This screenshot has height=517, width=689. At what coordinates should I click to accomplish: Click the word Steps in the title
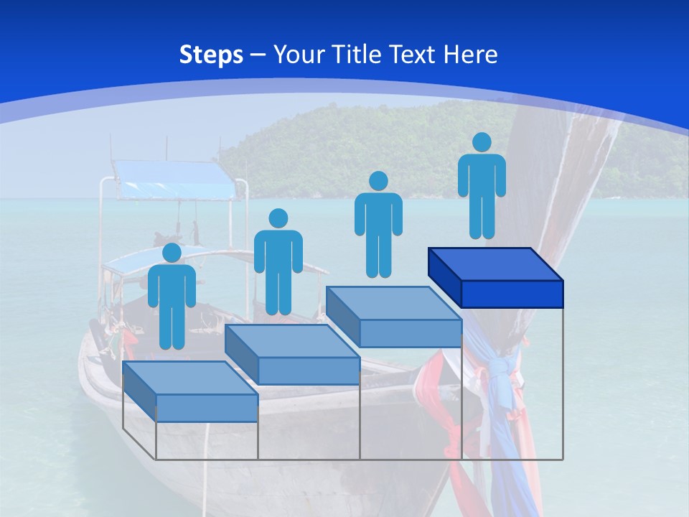coord(211,55)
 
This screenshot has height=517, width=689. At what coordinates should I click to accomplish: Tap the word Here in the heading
coord(470,55)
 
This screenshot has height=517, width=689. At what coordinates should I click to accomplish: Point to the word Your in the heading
coord(300,55)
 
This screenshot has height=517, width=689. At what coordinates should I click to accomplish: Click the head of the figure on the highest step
coord(482,142)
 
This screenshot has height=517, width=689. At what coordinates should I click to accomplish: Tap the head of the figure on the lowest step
coord(172,253)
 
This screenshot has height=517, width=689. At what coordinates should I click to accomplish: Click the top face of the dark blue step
coord(495,264)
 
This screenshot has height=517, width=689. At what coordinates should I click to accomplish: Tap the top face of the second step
coord(291,341)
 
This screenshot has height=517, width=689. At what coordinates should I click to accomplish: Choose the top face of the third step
coord(393,303)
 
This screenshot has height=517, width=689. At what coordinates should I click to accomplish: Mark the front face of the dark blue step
coord(512,294)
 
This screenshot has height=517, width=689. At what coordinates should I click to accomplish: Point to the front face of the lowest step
coord(207,408)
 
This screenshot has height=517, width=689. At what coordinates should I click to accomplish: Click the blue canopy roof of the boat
coord(176,180)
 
